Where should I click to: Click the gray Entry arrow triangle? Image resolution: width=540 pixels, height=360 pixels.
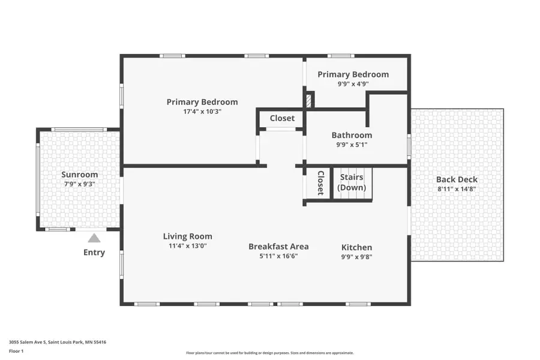click(x=94, y=238)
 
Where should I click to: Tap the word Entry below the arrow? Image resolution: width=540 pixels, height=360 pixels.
click(x=94, y=253)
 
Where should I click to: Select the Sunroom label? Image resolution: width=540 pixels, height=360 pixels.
click(x=80, y=175)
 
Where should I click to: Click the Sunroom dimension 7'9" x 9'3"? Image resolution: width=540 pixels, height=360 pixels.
click(x=80, y=184)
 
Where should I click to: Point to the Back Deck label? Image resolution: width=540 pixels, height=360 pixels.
click(x=457, y=179)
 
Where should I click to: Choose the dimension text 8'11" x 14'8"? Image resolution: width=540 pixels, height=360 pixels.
click(x=457, y=189)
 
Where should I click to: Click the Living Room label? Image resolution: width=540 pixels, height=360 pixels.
click(x=187, y=236)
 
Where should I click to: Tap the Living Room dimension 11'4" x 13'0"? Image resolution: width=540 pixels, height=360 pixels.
click(x=188, y=246)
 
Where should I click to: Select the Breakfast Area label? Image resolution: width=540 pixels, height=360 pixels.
click(x=278, y=247)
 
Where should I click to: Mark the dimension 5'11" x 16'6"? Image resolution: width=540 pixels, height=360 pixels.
click(x=278, y=256)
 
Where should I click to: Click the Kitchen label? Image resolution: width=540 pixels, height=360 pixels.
click(x=357, y=247)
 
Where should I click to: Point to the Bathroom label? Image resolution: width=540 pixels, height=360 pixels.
click(x=352, y=135)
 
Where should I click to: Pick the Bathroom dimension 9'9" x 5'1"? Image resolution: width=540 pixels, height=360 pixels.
click(x=352, y=145)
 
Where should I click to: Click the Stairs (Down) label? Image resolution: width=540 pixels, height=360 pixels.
click(x=352, y=182)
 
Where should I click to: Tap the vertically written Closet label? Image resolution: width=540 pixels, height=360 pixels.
click(x=320, y=183)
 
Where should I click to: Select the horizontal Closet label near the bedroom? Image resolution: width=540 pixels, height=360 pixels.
click(x=282, y=118)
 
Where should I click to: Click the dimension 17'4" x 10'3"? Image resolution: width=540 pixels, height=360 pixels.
click(x=202, y=112)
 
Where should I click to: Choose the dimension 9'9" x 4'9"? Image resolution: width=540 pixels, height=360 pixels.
click(x=353, y=84)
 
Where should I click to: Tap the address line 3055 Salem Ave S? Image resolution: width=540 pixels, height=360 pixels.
click(x=58, y=342)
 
